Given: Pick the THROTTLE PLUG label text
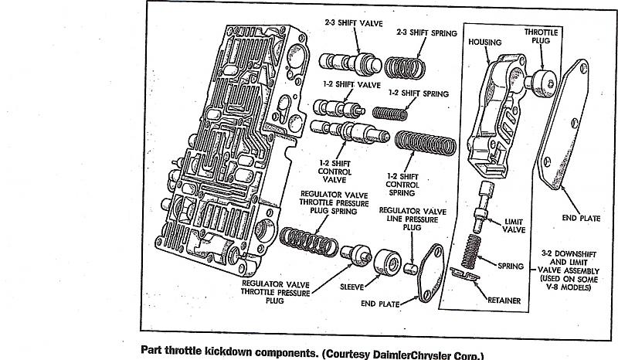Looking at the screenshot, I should point(542,37).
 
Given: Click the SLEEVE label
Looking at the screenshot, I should point(352,285).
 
